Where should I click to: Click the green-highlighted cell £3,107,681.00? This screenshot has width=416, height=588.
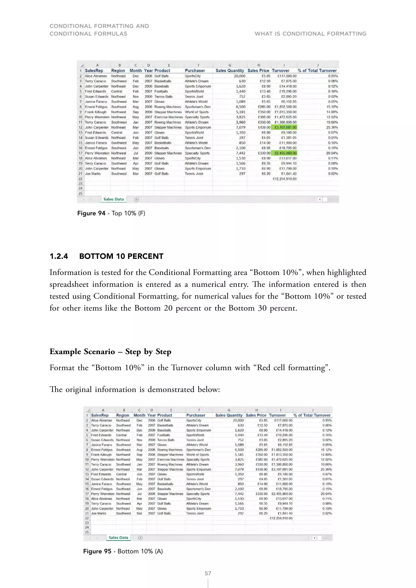(x=284, y=127)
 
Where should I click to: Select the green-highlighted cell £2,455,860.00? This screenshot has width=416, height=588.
(x=284, y=153)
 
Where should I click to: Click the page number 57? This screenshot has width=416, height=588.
(x=208, y=573)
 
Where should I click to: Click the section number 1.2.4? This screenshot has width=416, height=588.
(x=59, y=256)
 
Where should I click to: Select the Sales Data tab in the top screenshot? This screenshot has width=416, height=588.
(x=114, y=199)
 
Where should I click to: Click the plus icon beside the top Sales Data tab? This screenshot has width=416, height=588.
(x=136, y=200)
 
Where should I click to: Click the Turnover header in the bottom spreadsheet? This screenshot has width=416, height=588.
(x=277, y=415)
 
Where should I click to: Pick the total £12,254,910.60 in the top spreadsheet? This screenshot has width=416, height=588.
(x=284, y=179)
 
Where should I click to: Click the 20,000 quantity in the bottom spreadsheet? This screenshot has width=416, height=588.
(x=238, y=420)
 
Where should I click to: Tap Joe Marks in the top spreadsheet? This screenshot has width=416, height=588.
(x=93, y=174)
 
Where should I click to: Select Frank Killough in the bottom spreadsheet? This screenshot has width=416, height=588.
(x=101, y=455)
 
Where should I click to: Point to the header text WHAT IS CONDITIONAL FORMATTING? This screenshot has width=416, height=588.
(x=310, y=34)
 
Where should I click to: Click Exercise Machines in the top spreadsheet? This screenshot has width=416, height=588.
(x=169, y=117)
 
